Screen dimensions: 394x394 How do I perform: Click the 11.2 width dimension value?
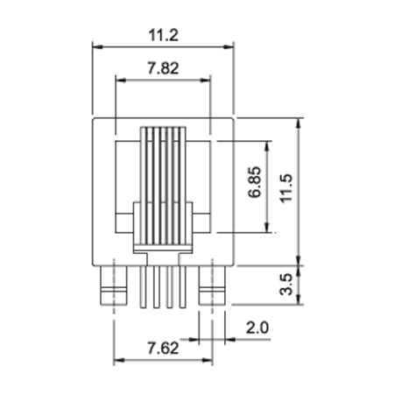click(x=163, y=35)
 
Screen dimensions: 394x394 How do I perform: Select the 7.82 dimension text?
click(x=163, y=68)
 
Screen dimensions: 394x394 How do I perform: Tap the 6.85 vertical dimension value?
click(x=255, y=182)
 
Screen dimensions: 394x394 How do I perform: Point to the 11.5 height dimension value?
click(x=286, y=188)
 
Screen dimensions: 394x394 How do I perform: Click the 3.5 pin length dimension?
click(x=286, y=284)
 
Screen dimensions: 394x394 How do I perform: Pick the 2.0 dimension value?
click(x=257, y=327)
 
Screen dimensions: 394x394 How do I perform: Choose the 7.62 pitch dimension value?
click(x=163, y=348)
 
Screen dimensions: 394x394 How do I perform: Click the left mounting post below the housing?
click(x=114, y=285)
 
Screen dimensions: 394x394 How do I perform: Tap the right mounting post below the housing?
click(x=212, y=285)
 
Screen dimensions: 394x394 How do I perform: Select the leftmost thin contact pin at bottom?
click(x=143, y=287)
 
